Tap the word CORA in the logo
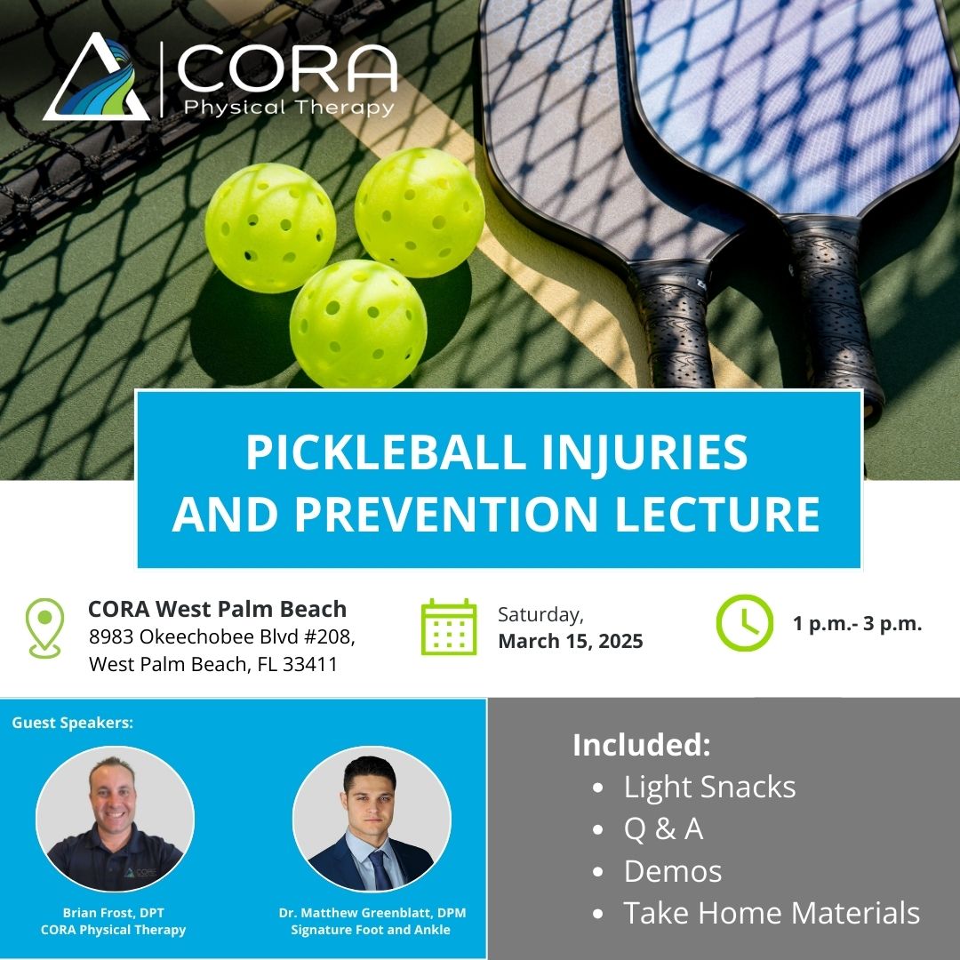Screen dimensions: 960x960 (287, 68)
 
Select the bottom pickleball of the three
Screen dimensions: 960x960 (358, 324)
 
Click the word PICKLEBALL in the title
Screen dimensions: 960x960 (386, 452)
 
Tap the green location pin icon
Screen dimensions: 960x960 (44, 628)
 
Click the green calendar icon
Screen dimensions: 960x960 (449, 627)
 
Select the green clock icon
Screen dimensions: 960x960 (745, 622)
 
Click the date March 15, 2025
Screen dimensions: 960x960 (571, 641)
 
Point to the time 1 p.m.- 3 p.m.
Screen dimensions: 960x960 (857, 624)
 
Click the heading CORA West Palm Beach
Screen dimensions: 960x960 (218, 609)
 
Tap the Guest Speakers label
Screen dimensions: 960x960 (72, 723)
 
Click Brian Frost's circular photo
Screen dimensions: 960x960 (115, 820)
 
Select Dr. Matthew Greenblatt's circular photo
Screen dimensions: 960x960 (372, 820)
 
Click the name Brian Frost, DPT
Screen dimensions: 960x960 (113, 913)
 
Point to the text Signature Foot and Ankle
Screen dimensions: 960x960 (371, 930)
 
